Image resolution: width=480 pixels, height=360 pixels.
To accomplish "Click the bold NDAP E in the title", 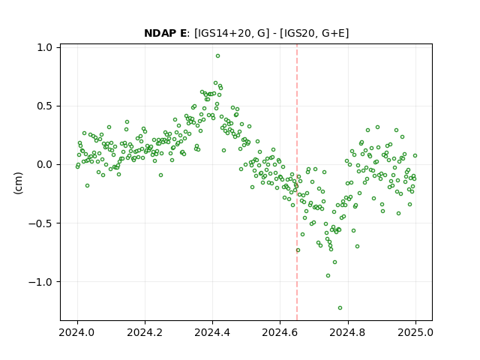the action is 165,33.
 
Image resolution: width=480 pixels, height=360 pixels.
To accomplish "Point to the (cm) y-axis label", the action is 18,183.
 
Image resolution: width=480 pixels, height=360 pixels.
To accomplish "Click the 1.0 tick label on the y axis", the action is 45,47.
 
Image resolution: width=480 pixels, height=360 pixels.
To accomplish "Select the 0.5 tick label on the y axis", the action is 45,106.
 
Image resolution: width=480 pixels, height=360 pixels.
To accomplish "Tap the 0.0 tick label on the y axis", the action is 45,165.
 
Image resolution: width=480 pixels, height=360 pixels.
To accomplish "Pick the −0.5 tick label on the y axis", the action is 40,223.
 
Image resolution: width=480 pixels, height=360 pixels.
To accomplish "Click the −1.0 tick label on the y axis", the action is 40,282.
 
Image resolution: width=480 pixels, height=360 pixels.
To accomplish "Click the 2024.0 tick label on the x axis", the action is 77,332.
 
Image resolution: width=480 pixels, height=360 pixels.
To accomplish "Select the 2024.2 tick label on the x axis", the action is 145,332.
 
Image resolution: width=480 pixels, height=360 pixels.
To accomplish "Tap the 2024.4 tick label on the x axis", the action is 212,332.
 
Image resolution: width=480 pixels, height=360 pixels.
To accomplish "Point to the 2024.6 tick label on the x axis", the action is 280,332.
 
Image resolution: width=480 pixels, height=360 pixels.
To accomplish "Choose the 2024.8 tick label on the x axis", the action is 348,332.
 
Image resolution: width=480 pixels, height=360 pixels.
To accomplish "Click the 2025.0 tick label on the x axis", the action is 415,332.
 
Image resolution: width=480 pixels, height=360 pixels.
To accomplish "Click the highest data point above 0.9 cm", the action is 217,56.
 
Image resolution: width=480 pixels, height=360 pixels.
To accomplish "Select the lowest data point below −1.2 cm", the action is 340,307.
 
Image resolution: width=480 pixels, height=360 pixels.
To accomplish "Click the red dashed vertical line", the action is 297,182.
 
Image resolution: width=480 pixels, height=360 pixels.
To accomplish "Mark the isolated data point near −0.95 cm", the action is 328,275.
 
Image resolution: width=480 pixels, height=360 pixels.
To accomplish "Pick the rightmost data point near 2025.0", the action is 415,155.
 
